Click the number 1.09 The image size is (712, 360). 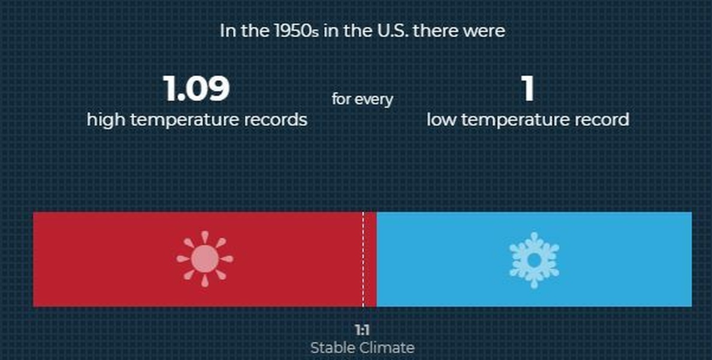[x=196, y=89]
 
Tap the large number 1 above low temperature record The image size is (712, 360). [x=527, y=89]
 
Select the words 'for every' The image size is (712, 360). [x=362, y=99]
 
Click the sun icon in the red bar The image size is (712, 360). [x=205, y=259]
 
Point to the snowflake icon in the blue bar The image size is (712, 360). [x=534, y=260]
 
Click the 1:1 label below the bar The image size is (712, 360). [x=362, y=329]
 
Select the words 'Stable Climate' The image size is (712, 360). [x=362, y=348]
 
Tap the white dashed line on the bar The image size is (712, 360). [x=363, y=259]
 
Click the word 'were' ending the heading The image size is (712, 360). [x=487, y=32]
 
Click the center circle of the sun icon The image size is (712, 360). [x=205, y=259]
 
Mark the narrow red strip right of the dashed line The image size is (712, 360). [x=370, y=259]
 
